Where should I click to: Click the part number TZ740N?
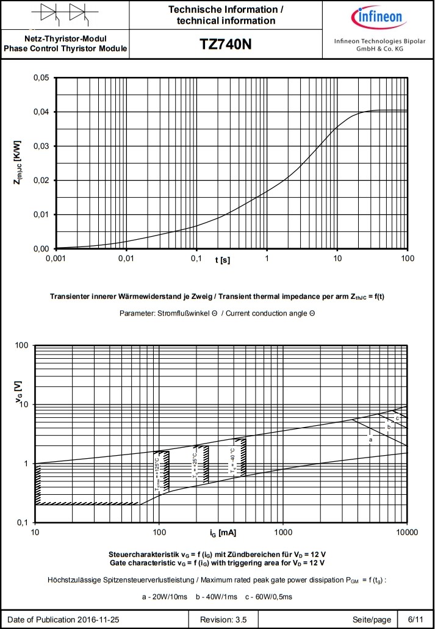pos(226,45)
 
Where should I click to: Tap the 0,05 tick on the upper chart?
pos(40,78)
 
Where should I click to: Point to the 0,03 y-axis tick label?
pos(40,146)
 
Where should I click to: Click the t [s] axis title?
pos(222,260)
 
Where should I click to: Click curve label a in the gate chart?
pos(370,439)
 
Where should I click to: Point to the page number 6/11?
pos(415,620)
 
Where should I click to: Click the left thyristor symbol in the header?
pos(50,14)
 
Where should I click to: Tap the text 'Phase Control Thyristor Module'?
pos(65,49)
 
